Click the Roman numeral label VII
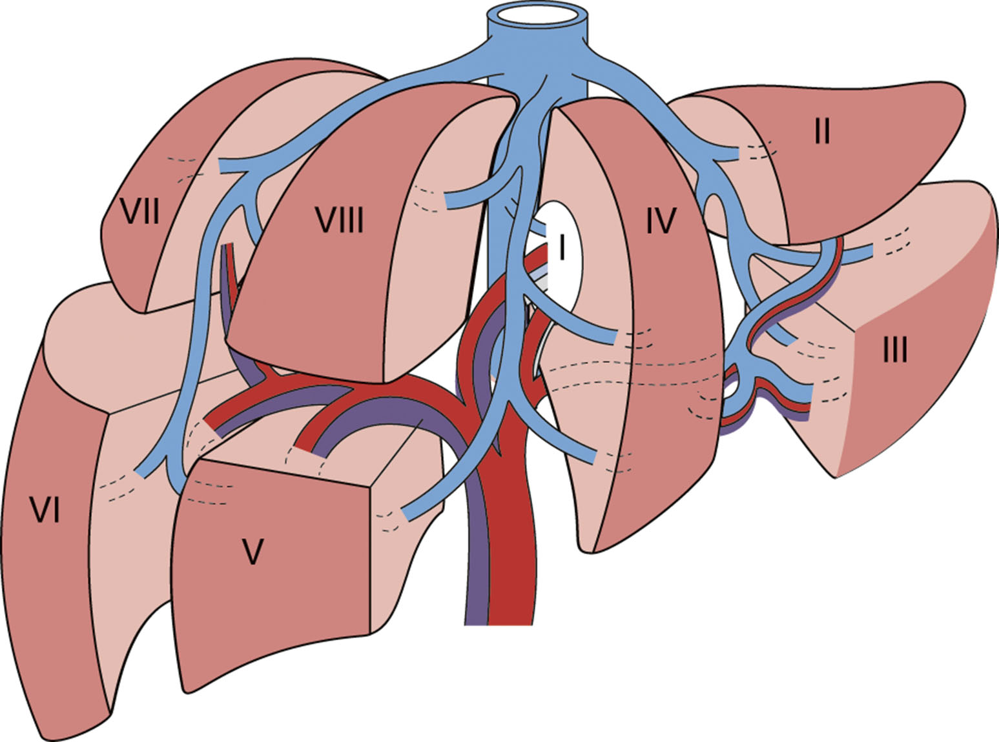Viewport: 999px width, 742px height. tap(141, 211)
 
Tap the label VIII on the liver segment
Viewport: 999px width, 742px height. tap(339, 221)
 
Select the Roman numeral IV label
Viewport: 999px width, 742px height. tap(660, 221)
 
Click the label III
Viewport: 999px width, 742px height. tap(894, 350)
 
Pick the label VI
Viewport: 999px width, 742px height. tap(46, 511)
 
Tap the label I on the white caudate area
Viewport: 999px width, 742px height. tap(561, 246)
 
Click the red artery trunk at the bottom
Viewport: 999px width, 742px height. tap(510, 581)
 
